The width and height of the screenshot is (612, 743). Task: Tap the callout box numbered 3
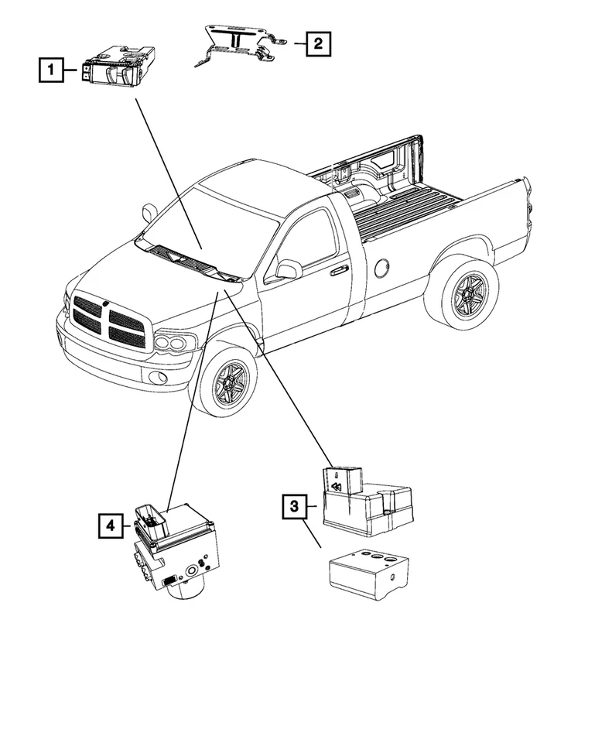pos(294,507)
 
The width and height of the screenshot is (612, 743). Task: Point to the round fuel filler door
pos(381,269)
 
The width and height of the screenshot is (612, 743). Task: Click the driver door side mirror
pos(289,269)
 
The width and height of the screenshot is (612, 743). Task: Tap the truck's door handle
pos(338,271)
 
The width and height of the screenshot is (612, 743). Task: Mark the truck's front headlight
pos(175,341)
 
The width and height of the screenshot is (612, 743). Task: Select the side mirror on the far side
pos(149,211)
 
